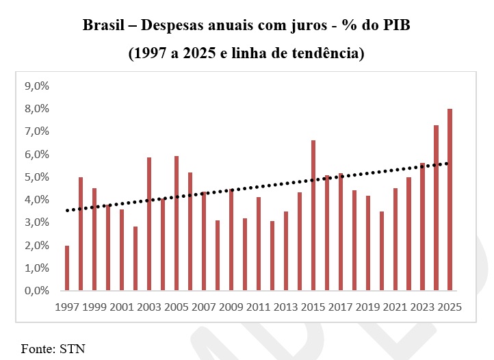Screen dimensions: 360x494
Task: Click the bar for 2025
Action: (x=450, y=200)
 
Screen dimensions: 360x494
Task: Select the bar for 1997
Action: (x=67, y=268)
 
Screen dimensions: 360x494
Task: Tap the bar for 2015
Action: (x=313, y=216)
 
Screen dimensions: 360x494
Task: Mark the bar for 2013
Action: (x=286, y=251)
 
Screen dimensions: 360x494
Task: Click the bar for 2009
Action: (x=231, y=240)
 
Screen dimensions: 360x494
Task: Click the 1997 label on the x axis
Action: (x=67, y=307)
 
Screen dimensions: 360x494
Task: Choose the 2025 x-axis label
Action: (x=450, y=307)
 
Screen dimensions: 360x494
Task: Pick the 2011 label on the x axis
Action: (x=259, y=307)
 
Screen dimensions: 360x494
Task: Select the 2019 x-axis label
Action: (x=368, y=307)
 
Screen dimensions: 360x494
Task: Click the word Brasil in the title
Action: (x=105, y=27)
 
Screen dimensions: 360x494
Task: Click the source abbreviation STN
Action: (x=73, y=348)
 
